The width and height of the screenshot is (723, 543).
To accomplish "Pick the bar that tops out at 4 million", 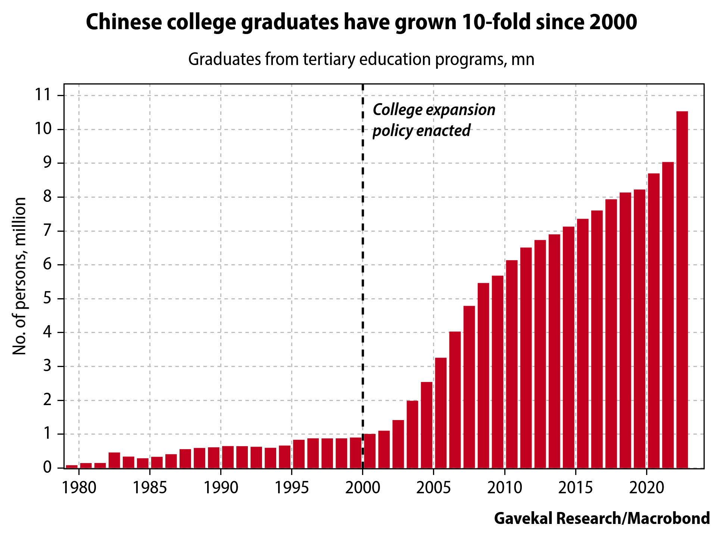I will point(455,400).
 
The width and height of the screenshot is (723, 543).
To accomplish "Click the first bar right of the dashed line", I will point(370,451).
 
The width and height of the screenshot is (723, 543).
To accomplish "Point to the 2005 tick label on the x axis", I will point(433,488).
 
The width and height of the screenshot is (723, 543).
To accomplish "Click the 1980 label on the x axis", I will point(79,488).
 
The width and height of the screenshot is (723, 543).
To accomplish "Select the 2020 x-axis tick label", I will point(646,488).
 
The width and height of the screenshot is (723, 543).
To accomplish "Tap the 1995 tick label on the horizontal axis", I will point(292,488).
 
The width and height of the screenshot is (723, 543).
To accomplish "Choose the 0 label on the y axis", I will point(47,468).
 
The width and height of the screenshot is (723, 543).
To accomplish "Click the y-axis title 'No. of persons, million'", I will point(19,276).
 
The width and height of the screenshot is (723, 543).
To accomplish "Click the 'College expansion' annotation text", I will point(434,110).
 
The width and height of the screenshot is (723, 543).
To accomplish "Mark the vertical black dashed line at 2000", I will point(363,262).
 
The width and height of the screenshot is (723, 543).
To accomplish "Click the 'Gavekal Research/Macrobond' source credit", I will point(602,518).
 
